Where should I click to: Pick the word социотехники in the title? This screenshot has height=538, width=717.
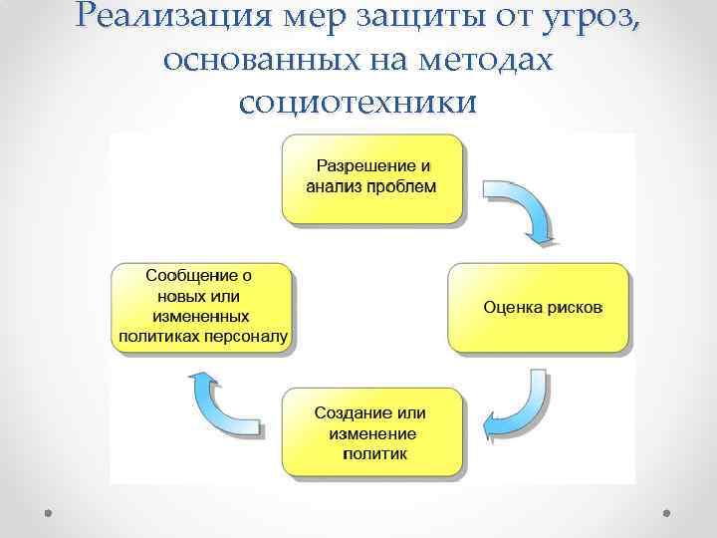click(x=358, y=102)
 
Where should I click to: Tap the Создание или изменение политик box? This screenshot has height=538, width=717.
click(x=371, y=431)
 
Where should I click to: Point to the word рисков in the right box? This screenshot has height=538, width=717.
click(x=573, y=307)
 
